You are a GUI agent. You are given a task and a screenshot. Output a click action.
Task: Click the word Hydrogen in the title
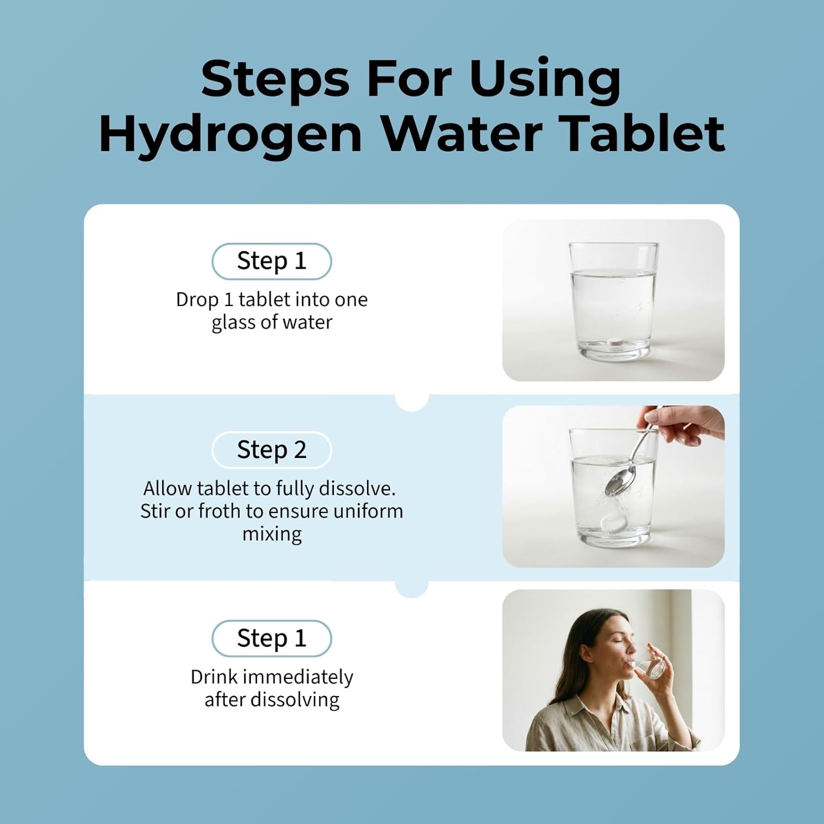click(x=230, y=135)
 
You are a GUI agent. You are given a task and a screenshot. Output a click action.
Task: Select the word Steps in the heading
click(x=275, y=80)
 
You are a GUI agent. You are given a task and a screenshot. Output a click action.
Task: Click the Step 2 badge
click(x=272, y=450)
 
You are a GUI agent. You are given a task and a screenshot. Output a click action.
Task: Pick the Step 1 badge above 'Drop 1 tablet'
click(x=272, y=261)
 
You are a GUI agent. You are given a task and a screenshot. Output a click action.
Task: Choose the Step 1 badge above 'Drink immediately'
click(x=272, y=638)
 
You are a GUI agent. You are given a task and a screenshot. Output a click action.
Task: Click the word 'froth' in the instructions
click(x=220, y=511)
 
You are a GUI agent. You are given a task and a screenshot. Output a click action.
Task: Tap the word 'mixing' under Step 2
click(x=272, y=535)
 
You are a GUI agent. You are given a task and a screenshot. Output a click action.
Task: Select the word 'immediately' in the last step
click(x=298, y=677)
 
